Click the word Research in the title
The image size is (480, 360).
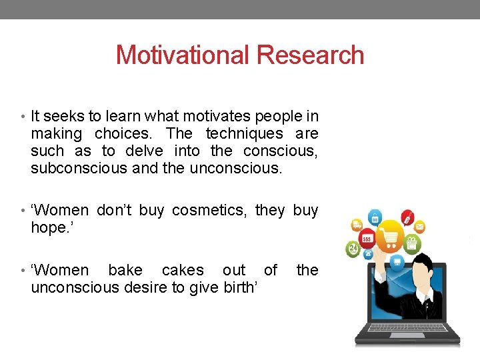(x=311, y=55)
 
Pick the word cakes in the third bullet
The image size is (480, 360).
(x=183, y=270)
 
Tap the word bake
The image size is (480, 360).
(x=125, y=270)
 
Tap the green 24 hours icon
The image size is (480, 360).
(x=353, y=249)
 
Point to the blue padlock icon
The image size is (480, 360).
(x=375, y=217)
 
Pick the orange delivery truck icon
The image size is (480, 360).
(x=357, y=225)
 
